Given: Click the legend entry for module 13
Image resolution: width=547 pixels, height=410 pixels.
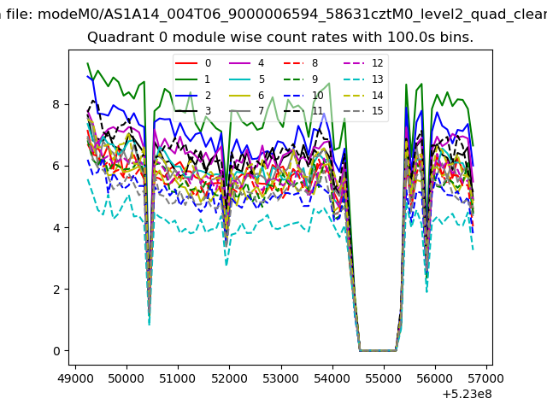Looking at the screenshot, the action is (363, 79).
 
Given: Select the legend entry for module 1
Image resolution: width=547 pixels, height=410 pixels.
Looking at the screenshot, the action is (192, 79).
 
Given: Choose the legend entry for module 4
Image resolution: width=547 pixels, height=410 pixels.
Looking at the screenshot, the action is (247, 63).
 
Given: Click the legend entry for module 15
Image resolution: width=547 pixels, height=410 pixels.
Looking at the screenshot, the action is (363, 111).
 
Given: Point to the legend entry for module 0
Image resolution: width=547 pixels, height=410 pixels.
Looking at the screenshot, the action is (192, 63).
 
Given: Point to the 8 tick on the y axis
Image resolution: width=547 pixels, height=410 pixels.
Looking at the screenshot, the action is (68, 104).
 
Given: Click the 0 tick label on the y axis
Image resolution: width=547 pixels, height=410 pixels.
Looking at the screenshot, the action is (57, 351).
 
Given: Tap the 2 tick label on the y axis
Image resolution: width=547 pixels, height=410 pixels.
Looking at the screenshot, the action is (57, 290).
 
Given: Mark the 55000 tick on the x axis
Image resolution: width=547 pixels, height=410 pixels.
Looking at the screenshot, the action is (384, 366).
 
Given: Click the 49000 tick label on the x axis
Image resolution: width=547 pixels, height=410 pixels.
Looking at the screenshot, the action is (75, 378).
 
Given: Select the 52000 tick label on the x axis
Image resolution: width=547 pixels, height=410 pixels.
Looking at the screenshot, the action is (230, 378).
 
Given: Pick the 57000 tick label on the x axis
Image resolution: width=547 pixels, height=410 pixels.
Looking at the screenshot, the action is (486, 378).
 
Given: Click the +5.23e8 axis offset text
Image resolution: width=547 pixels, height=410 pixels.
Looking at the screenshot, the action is (468, 394).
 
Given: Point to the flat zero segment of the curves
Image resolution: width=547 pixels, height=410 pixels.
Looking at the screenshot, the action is (378, 350).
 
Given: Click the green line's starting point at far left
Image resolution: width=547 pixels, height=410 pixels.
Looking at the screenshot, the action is (87, 63).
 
